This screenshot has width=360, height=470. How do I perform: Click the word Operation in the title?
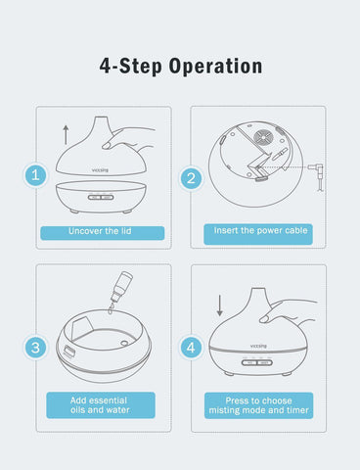(215, 67)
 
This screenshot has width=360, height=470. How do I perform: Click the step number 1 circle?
(35, 175)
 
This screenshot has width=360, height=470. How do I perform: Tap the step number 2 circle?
(191, 178)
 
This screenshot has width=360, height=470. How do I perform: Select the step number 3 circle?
(35, 347)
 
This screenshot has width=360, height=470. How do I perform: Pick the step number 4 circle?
(191, 348)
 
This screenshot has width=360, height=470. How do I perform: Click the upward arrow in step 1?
(66, 134)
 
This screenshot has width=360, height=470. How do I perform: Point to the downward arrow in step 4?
(220, 305)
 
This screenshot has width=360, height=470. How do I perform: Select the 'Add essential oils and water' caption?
(101, 405)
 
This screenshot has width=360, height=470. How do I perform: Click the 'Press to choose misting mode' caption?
(258, 405)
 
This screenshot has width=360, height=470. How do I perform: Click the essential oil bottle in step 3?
(120, 288)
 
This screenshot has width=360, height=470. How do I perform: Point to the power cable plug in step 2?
(316, 171)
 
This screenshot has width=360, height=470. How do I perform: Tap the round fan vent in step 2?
(264, 137)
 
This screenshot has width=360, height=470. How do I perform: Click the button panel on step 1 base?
(101, 197)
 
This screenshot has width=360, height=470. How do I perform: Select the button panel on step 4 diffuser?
(256, 362)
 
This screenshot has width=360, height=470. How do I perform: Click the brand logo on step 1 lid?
(100, 169)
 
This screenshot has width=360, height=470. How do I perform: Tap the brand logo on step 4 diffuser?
(258, 346)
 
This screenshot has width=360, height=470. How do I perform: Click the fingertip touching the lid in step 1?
(107, 146)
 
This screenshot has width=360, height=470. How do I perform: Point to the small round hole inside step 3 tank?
(124, 343)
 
